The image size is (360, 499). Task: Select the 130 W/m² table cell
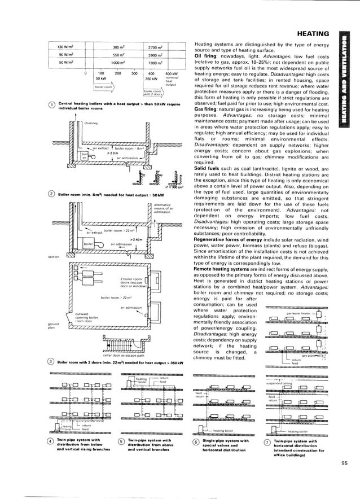(x=67, y=46)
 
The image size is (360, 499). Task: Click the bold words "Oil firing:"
(x=207, y=56)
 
